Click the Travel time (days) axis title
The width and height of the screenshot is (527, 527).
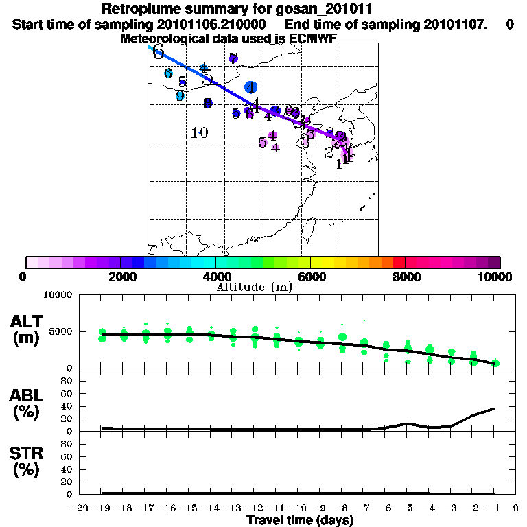point(300,520)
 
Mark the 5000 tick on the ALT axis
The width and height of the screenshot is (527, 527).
point(60,335)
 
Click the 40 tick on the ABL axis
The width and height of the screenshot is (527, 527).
point(67,406)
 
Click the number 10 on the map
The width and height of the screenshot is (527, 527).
point(200,132)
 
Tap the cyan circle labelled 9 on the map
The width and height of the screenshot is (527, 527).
point(180,96)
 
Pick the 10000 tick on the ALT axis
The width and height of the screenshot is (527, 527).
point(58,296)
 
